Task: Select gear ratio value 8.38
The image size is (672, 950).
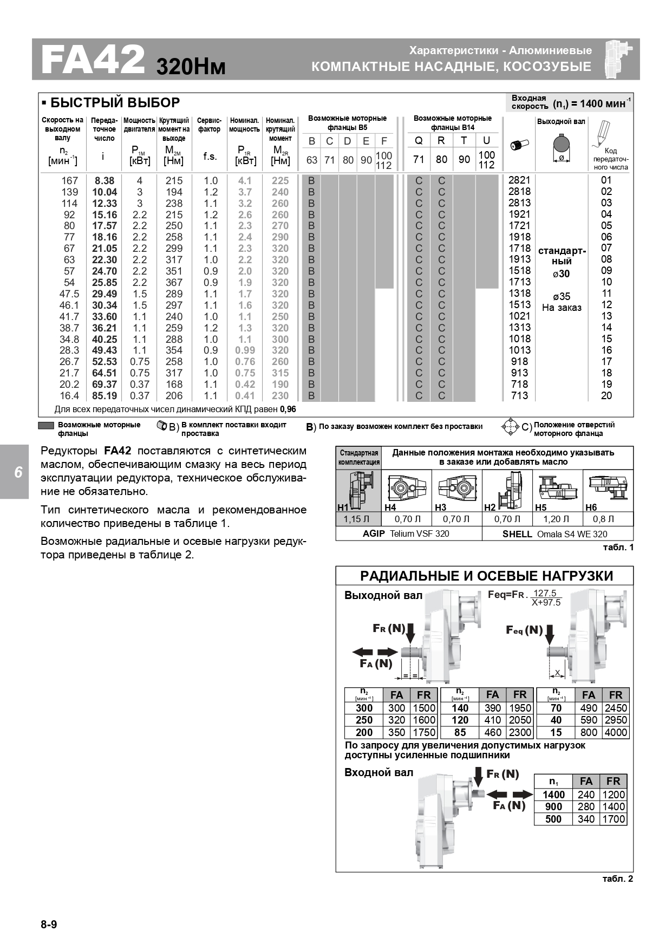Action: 105,181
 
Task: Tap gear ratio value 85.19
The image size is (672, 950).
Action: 105,396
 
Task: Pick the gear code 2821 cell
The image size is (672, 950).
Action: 519,180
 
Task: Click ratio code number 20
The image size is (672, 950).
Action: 606,396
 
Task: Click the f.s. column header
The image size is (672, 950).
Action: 210,157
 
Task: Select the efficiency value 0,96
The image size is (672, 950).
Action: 288,409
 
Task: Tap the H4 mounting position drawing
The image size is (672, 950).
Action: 400,487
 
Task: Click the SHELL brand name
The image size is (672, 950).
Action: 517,534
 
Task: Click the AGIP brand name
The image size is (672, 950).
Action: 374,534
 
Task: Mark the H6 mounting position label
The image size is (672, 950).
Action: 591,507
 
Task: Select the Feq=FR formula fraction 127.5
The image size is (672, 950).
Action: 545,594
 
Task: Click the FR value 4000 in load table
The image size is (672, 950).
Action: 616,733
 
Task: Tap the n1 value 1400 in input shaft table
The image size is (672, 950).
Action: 553,795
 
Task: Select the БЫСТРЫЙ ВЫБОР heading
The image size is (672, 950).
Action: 115,103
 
